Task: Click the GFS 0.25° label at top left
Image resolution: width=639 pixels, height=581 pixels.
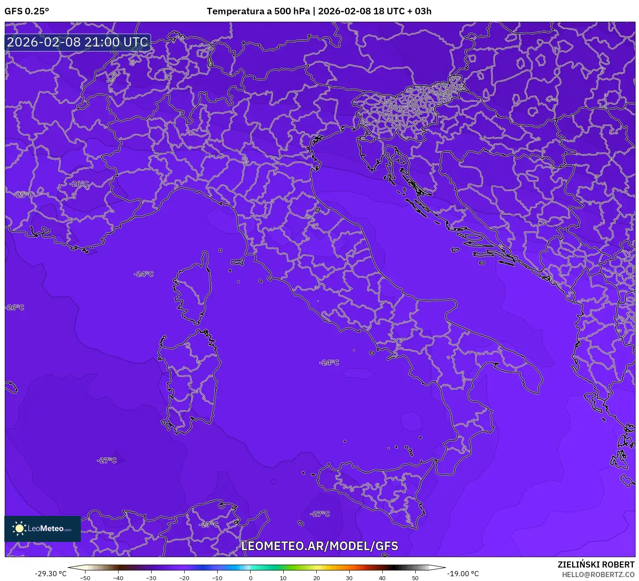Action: [x=27, y=11]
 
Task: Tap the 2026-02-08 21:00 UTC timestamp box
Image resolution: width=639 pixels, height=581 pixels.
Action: [x=78, y=42]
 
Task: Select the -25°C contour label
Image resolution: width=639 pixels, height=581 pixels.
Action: [x=23, y=195]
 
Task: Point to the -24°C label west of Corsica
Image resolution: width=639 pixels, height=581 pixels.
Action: [x=144, y=274]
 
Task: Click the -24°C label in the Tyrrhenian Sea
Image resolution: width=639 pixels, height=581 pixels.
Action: [x=329, y=363]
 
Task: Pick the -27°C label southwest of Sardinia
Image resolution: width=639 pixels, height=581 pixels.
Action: [x=107, y=460]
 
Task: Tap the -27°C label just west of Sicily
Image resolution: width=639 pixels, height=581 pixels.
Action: [x=320, y=514]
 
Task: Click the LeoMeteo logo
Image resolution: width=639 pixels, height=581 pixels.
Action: [x=43, y=528]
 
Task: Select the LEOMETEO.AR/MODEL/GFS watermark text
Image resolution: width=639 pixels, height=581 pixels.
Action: [x=320, y=546]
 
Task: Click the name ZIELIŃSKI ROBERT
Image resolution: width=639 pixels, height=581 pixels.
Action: [x=596, y=564]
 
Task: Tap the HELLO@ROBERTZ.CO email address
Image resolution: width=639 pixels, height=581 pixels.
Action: [x=598, y=574]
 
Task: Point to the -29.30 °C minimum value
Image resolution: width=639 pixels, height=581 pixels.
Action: [x=51, y=574]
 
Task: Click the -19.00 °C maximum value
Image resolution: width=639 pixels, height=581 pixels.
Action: [x=463, y=574]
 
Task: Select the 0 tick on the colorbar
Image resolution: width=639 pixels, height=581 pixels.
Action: [x=250, y=578]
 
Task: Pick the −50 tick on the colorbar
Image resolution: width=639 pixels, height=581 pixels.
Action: [x=85, y=578]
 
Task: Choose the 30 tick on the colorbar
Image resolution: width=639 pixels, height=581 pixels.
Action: [x=349, y=578]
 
